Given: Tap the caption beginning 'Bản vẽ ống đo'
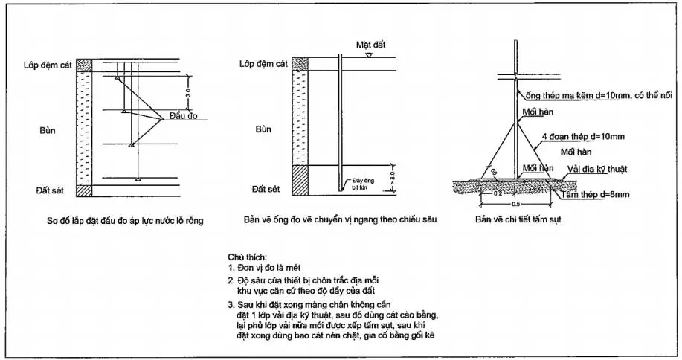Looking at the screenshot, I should click(340, 221).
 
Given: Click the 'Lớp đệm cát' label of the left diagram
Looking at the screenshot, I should click(57, 65).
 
